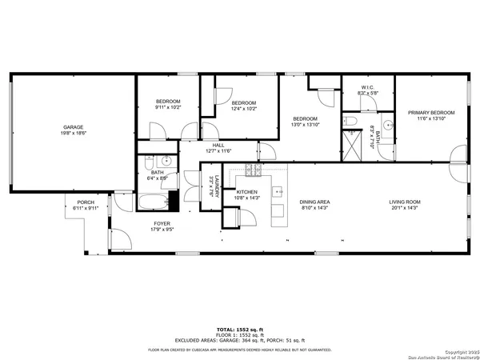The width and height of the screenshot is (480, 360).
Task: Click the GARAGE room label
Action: click(74, 127)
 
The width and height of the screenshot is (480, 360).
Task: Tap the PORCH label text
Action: click(86, 202)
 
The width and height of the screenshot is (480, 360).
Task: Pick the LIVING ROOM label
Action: click(406, 202)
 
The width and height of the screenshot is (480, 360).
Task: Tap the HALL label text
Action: click(218, 145)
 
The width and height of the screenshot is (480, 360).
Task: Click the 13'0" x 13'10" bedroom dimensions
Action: click(305, 124)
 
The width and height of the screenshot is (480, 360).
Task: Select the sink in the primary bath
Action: click(387, 125)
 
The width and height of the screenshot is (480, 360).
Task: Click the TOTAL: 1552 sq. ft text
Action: click(240, 330)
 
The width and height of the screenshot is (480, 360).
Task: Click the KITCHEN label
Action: click(246, 192)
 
